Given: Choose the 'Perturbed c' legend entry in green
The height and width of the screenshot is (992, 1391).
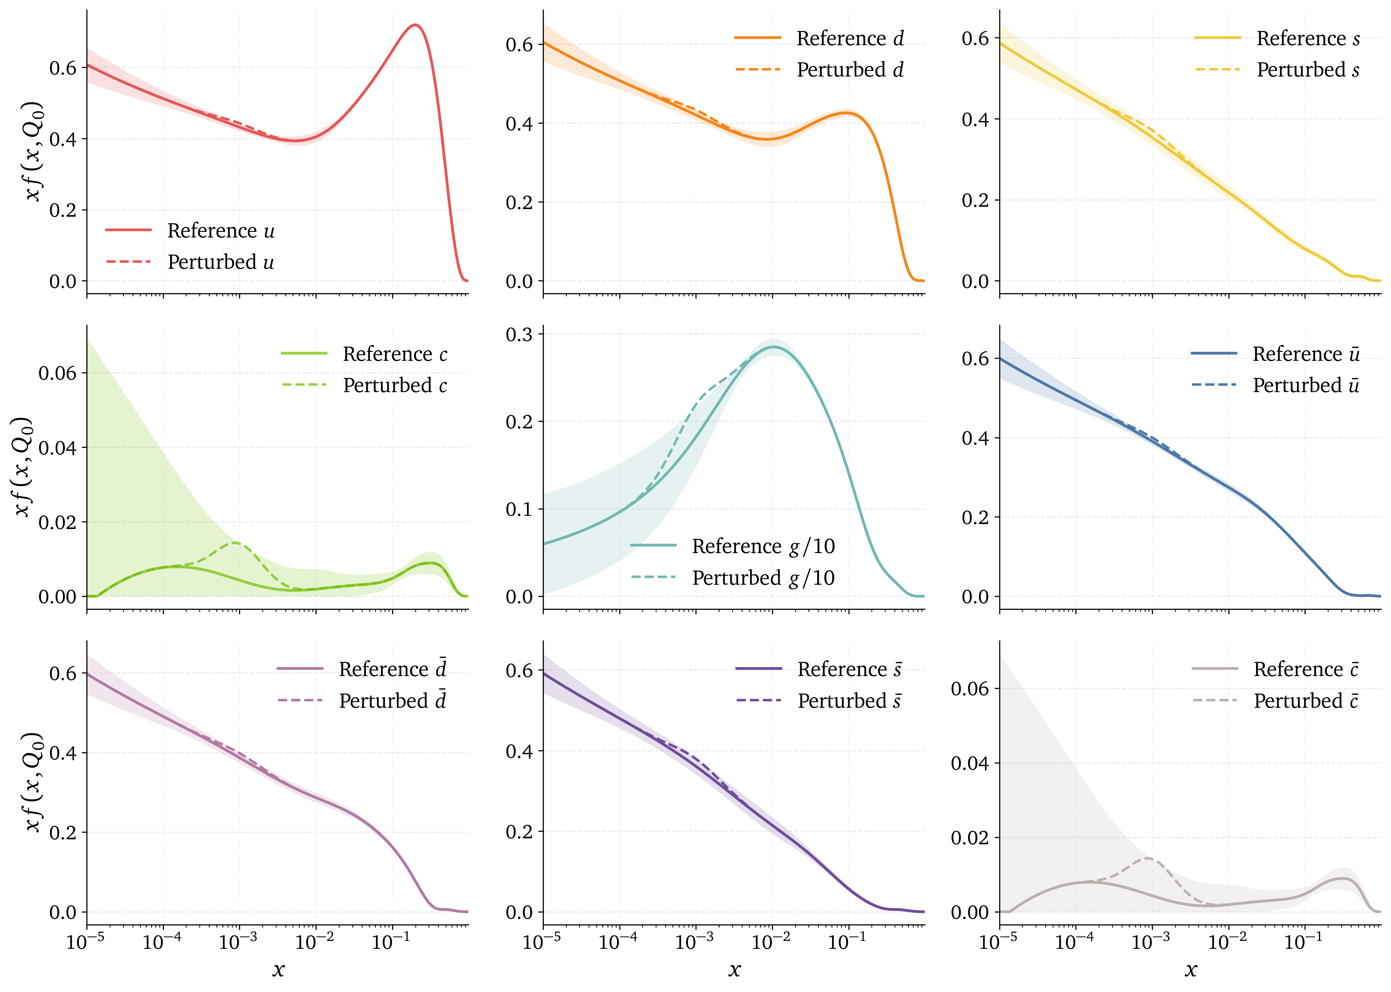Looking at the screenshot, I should (x=395, y=386).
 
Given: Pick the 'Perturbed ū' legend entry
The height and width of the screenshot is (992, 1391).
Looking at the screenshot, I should (x=1306, y=386).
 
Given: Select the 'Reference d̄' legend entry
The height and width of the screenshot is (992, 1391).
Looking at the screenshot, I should (x=392, y=669).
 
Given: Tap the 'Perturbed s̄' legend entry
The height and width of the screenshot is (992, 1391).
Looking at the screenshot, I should (x=849, y=700).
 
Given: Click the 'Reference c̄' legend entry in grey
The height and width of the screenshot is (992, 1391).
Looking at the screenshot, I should (x=1306, y=669).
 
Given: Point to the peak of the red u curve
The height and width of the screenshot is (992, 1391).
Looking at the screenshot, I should (x=415, y=25).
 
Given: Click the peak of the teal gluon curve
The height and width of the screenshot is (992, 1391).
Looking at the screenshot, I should (x=774, y=347).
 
